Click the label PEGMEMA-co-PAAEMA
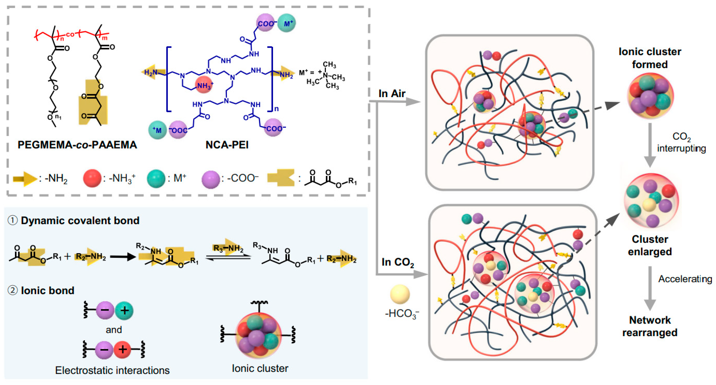point(77,145)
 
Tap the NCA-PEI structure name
point(227,145)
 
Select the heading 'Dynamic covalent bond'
point(80,220)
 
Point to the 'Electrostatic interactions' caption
point(112,370)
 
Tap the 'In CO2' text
point(397,262)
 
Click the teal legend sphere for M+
point(156,179)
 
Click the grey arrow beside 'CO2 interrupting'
point(650,144)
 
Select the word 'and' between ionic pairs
point(114,330)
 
